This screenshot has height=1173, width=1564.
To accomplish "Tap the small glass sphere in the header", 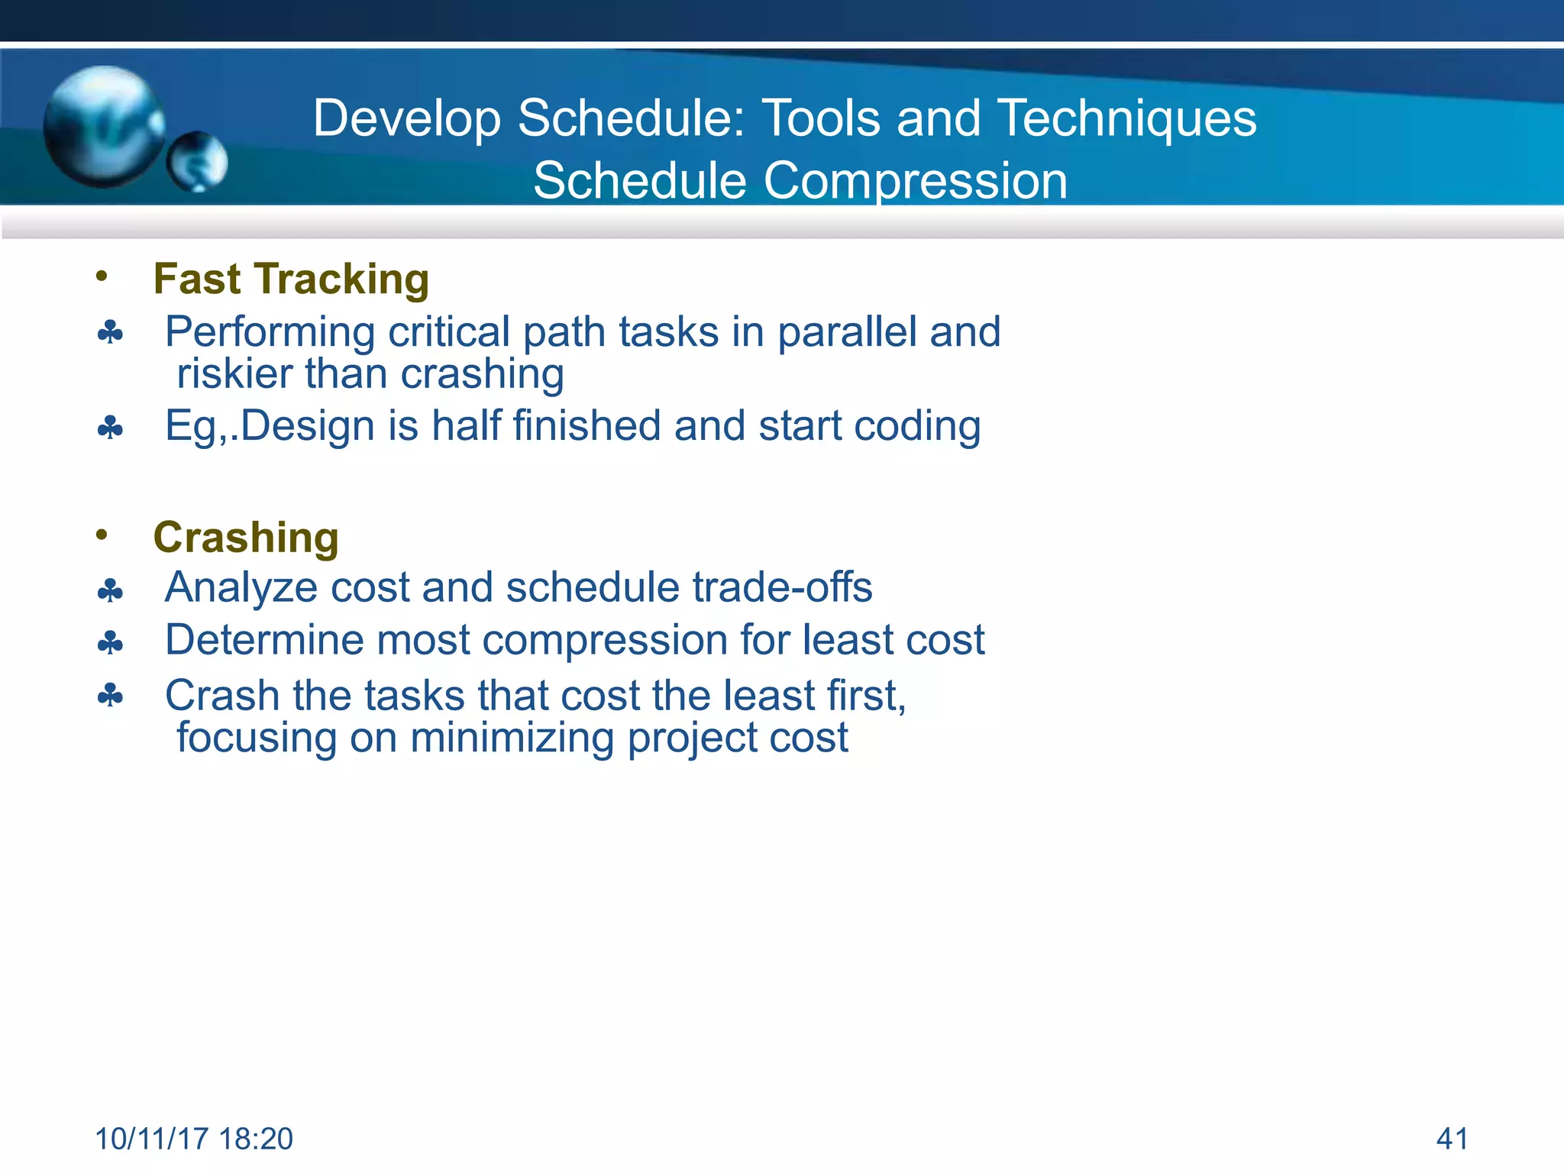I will click(x=197, y=161).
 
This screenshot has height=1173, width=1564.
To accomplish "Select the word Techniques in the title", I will click(x=1127, y=118).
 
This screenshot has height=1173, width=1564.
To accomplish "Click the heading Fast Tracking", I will click(x=291, y=279).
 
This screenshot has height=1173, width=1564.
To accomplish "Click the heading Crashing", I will click(x=246, y=538).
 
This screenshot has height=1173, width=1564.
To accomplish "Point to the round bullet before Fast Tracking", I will click(x=102, y=276).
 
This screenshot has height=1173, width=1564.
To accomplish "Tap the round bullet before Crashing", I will click(x=102, y=535).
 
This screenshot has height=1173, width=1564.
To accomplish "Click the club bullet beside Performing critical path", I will click(x=110, y=334).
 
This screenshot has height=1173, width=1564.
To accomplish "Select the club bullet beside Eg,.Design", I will click(x=110, y=428).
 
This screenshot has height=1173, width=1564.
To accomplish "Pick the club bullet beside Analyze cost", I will click(x=110, y=590).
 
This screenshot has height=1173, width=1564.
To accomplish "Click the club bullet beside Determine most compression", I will click(x=110, y=643).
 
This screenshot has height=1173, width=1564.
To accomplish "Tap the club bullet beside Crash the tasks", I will click(x=110, y=696).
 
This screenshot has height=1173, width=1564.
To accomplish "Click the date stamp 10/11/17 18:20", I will click(x=194, y=1139).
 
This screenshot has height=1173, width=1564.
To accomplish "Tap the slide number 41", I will click(x=1452, y=1139).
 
